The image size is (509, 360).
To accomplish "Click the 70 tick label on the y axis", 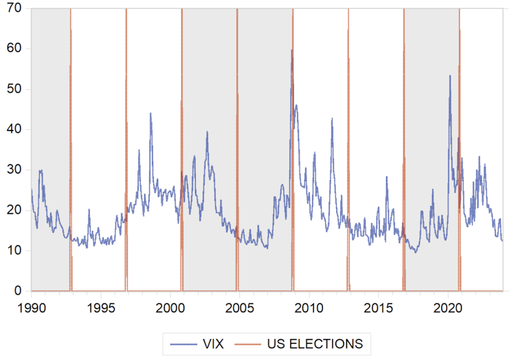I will click(14, 8).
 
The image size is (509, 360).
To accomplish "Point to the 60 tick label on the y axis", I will click(14, 49).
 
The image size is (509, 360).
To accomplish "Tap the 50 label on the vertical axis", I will click(14, 89).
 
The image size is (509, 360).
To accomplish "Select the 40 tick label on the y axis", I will click(14, 129).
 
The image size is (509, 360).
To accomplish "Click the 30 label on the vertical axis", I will click(14, 170).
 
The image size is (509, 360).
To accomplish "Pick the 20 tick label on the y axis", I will click(14, 210).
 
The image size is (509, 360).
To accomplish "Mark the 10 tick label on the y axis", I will click(14, 251).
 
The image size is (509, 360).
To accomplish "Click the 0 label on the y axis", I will click(17, 291).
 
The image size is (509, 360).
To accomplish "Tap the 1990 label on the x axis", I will click(31, 307).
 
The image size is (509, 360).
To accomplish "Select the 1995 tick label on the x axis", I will click(101, 307).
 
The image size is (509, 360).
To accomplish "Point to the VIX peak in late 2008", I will click(292, 50).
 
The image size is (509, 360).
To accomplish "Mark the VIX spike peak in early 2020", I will click(450, 76).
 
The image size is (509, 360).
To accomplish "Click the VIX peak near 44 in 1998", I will click(151, 113).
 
